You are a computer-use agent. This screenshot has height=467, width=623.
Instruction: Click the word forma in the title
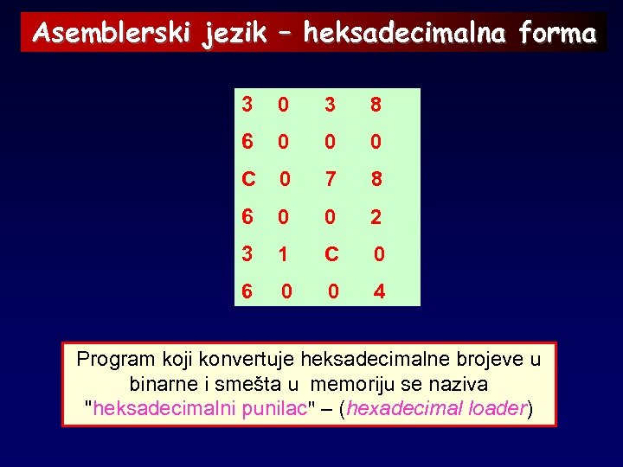point(559,34)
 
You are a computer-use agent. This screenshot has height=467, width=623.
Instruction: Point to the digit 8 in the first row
point(375,106)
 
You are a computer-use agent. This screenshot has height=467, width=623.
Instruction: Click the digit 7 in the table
point(330,181)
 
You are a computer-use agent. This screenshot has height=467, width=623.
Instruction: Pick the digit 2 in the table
point(375,218)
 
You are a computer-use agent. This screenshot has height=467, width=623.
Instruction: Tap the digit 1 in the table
point(282,256)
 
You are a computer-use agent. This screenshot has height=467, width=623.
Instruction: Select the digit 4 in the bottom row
point(379,293)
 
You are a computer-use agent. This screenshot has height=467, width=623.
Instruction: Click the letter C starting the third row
point(248,181)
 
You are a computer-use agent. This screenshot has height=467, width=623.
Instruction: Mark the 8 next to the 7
point(375,181)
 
